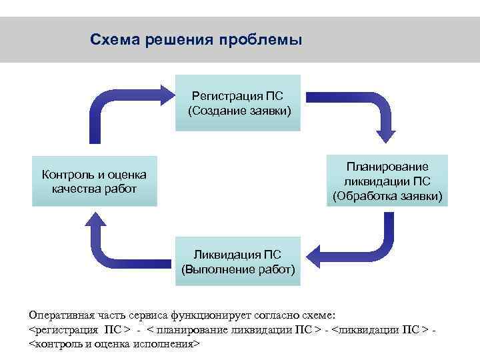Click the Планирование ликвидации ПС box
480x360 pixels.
point(387,181)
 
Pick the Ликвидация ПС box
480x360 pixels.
point(237,261)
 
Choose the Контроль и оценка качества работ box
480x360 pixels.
point(94,181)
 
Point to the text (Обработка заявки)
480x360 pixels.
point(387,195)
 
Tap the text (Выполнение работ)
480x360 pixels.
point(237,269)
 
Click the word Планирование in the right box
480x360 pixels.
point(387,166)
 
